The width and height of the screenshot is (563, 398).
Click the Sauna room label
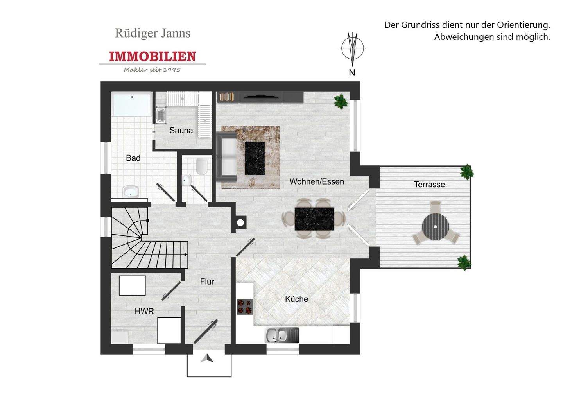point(181,131)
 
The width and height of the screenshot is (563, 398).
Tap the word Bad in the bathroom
point(133,158)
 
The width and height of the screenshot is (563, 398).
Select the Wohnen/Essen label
point(317,181)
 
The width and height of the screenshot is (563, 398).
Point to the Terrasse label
point(429,185)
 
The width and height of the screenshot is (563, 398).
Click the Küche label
point(296,299)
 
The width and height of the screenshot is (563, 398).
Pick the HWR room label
point(144,312)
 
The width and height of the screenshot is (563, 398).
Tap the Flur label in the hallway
point(207,281)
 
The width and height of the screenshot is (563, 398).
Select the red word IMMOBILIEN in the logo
point(152,56)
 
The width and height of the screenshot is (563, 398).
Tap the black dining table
point(314,219)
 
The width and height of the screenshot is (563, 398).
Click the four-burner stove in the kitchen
point(245,306)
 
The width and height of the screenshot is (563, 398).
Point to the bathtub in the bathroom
point(131,104)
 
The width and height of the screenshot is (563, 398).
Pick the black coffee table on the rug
point(255,158)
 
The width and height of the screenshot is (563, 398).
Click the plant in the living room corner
point(341,101)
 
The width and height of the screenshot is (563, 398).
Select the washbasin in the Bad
point(131,192)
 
